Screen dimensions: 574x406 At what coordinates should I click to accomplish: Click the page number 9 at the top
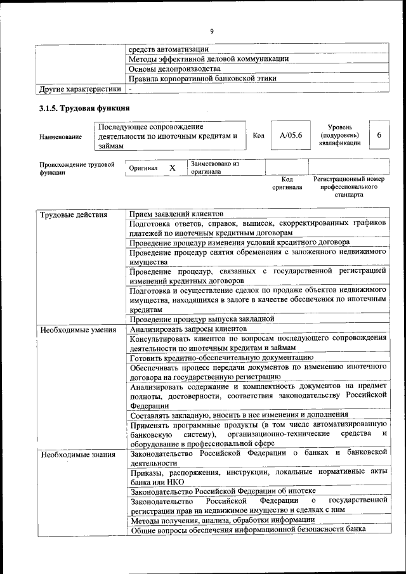click(x=212, y=30)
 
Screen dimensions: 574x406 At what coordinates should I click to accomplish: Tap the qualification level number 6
click(x=379, y=135)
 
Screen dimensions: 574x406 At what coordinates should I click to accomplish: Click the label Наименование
click(x=60, y=136)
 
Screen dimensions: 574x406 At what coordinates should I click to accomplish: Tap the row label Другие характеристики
click(x=79, y=89)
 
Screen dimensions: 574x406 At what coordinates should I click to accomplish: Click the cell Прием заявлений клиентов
click(x=176, y=214)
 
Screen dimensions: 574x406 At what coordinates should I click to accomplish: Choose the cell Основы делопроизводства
click(x=174, y=68)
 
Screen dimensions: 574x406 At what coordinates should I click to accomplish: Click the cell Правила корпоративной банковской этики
click(x=202, y=79)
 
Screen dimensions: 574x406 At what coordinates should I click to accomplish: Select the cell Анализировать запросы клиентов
click(x=188, y=329)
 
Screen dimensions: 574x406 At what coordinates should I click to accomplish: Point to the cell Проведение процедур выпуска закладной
click(x=201, y=318)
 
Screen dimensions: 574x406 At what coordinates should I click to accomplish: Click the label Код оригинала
click(x=287, y=183)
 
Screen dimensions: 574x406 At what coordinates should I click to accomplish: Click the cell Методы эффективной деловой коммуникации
click(x=209, y=58)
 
